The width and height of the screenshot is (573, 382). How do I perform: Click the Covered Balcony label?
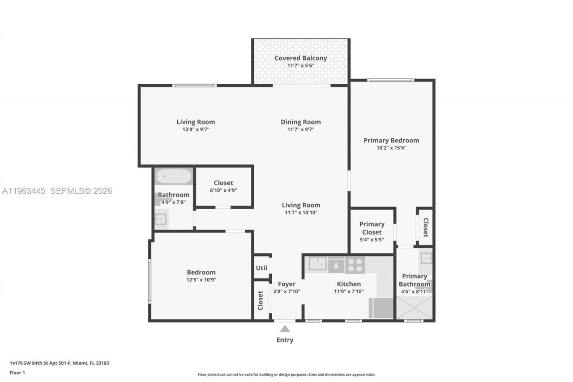pyautogui.click(x=300, y=58)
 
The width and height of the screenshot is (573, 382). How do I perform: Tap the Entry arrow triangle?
pyautogui.click(x=285, y=329)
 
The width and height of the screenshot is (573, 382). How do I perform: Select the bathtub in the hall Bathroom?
pyautogui.click(x=173, y=176)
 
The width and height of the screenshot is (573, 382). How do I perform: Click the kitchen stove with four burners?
pyautogui.click(x=355, y=265)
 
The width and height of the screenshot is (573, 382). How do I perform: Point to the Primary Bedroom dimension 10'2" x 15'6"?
pyautogui.click(x=391, y=148)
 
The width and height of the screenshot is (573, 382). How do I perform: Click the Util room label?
pyautogui.click(x=261, y=268)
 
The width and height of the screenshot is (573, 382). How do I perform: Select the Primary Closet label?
pyautogui.click(x=372, y=228)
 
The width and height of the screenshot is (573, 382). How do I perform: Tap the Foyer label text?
pyautogui.click(x=286, y=284)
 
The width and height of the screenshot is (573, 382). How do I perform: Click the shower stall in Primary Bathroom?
pyautogui.click(x=414, y=308)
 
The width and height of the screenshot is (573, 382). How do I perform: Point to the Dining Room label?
pyautogui.click(x=300, y=122)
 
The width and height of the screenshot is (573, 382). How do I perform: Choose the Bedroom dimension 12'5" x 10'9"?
pyautogui.click(x=201, y=279)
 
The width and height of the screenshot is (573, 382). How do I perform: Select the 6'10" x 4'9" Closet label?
pyautogui.click(x=223, y=183)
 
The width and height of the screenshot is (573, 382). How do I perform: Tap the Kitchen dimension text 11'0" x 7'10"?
pyautogui.click(x=349, y=291)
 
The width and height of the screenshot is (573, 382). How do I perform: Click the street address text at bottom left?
pyautogui.click(x=59, y=363)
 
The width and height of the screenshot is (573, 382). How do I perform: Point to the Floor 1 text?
pyautogui.click(x=17, y=373)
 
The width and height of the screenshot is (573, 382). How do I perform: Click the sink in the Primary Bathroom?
pyautogui.click(x=426, y=258)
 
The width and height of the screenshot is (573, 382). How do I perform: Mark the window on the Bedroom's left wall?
pyautogui.click(x=150, y=282)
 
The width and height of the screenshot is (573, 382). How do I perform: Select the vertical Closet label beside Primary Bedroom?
pyautogui.click(x=425, y=227)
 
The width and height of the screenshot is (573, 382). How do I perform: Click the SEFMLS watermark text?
pyautogui.click(x=81, y=191)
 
